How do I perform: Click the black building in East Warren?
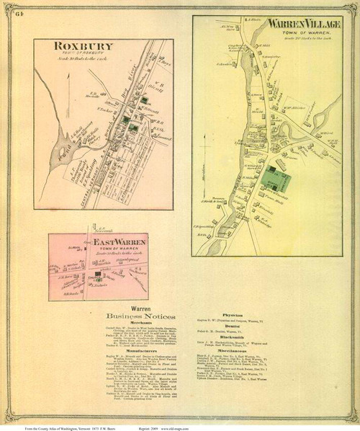click(x=96, y=275)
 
